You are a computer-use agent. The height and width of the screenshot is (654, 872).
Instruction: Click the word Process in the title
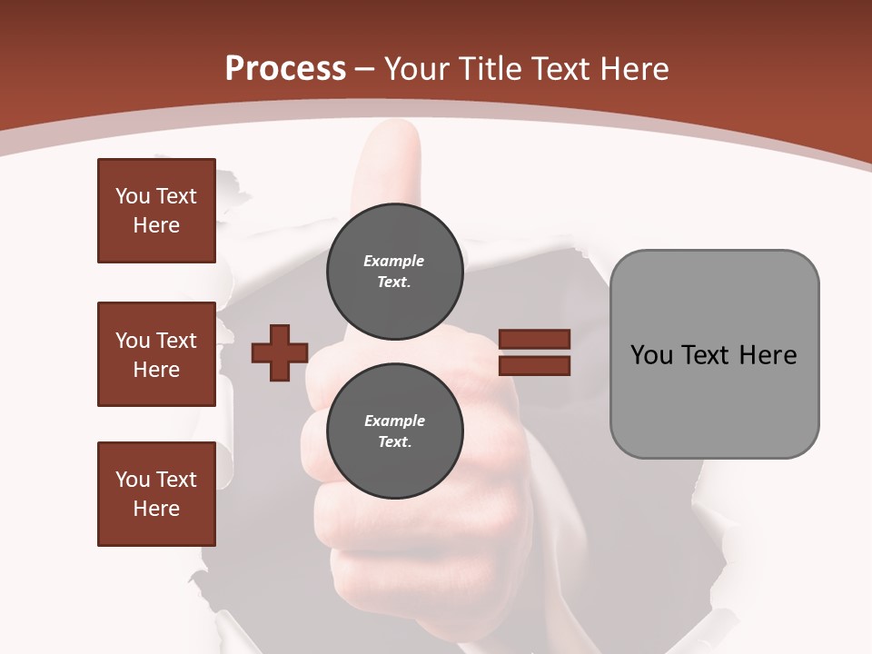click(x=285, y=68)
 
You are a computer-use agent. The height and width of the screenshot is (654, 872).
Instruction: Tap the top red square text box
click(x=156, y=211)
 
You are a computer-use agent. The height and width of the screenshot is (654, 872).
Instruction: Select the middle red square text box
click(x=156, y=354)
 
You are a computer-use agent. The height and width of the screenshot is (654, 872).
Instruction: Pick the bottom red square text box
click(x=156, y=494)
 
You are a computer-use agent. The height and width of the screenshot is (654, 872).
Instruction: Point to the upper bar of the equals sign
click(x=535, y=339)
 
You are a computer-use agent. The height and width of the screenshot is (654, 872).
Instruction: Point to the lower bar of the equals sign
click(x=535, y=366)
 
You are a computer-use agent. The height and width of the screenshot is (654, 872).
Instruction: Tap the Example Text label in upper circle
click(x=394, y=271)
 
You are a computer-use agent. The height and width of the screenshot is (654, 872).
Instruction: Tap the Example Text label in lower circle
click(x=394, y=431)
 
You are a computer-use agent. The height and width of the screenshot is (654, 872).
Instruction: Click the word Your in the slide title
click(x=414, y=68)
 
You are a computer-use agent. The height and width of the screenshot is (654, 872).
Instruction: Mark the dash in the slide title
click(x=365, y=69)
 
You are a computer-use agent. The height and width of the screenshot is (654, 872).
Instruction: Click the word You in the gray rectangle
click(x=652, y=354)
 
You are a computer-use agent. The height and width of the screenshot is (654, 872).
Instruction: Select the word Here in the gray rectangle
click(x=768, y=354)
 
